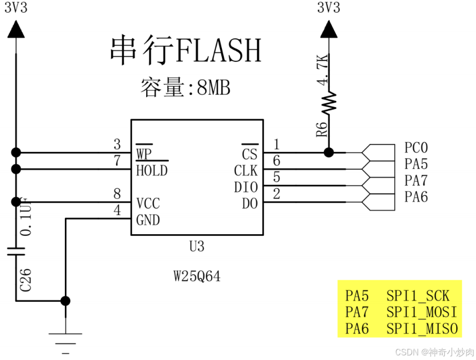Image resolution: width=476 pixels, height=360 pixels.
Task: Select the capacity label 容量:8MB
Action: tap(186, 88)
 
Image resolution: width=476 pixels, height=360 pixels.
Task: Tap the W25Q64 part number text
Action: tap(197, 277)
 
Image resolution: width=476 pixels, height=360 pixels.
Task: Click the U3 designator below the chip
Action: tap(197, 247)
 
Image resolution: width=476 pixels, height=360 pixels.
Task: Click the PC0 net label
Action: tap(416, 148)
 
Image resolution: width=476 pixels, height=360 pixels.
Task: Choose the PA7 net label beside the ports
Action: tap(416, 181)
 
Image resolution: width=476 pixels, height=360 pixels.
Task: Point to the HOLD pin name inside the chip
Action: tap(152, 170)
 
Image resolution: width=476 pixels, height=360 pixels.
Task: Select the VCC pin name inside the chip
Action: tap(148, 204)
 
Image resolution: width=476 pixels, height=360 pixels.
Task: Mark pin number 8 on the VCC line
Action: tap(117, 195)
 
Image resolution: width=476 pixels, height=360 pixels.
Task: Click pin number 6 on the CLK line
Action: tap(277, 162)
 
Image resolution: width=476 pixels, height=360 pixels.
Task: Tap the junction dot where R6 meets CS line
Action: tap(329, 152)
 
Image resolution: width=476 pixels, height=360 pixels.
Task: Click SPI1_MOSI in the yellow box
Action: tap(421, 312)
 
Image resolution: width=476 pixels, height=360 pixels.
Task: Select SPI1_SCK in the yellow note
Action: tap(418, 296)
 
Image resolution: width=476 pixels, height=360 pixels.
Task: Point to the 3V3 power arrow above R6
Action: tap(329, 31)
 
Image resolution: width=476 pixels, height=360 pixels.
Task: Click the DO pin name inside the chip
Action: tap(250, 204)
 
